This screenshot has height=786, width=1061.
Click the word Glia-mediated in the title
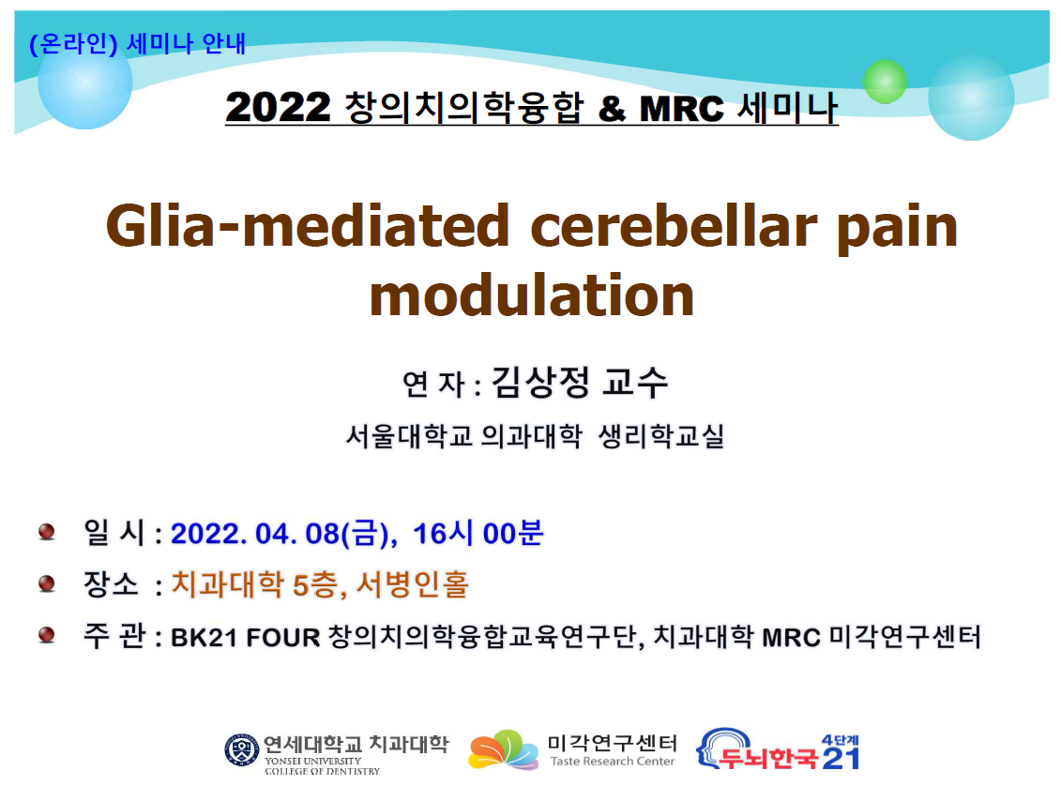[x=307, y=225]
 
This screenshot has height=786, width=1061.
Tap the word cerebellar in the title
[x=674, y=225]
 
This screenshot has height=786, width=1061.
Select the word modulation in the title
[x=532, y=295]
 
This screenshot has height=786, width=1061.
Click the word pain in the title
[x=897, y=230]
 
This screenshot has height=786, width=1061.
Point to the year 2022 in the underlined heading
[x=278, y=108]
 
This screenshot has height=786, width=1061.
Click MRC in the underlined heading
[x=681, y=109]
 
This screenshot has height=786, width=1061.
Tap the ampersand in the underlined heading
[x=612, y=109]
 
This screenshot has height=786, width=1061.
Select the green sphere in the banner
[x=885, y=82]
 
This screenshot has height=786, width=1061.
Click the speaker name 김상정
[x=540, y=382]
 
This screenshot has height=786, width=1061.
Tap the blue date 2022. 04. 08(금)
[x=283, y=534]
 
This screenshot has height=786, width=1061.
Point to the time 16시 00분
[x=477, y=534]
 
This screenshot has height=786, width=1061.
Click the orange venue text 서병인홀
[x=412, y=584]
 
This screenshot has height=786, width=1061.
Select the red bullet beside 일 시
[x=47, y=532]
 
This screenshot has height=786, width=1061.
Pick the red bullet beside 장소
[x=47, y=583]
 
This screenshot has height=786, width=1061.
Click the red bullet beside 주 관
[x=47, y=634]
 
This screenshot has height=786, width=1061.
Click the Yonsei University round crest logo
[x=242, y=750]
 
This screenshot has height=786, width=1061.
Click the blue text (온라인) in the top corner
[x=73, y=44]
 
